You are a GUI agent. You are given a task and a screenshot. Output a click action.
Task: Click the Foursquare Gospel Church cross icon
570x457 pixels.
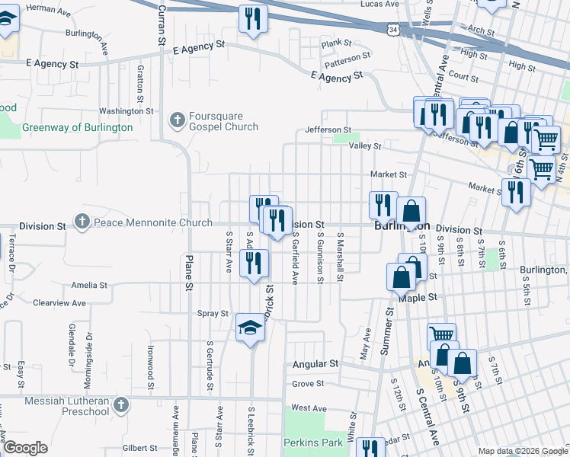point(178,119)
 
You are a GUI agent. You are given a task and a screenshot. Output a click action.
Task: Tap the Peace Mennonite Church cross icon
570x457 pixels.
point(82,222)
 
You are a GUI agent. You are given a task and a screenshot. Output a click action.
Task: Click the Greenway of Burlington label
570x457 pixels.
point(78,128)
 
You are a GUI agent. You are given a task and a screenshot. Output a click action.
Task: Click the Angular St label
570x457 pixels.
point(315,365)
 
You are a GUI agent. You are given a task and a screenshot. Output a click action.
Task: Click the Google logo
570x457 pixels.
point(26,448)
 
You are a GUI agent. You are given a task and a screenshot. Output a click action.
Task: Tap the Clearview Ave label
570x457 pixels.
point(57,302)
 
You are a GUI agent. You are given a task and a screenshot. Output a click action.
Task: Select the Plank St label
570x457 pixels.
point(336,43)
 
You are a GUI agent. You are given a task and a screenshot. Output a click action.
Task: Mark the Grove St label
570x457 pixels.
point(308,384)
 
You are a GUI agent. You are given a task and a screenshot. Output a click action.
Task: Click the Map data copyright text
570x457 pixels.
point(523,451)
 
